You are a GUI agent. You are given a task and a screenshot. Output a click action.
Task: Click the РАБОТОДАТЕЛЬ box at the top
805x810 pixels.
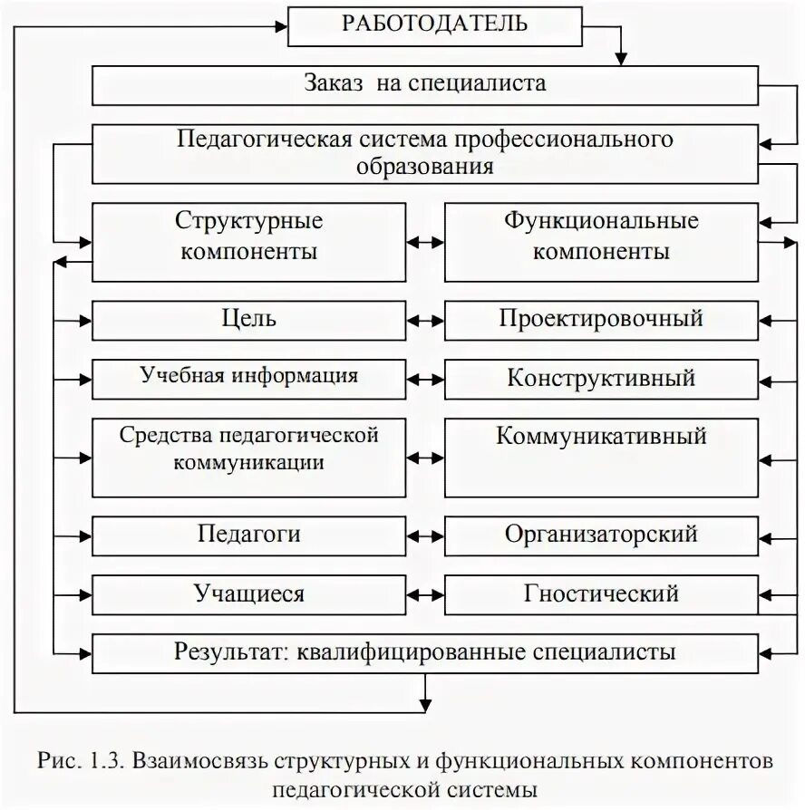[434, 25]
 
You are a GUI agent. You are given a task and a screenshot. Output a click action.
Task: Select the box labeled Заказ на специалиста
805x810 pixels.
[424, 86]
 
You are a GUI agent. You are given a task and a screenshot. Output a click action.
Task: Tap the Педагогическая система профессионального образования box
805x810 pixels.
[424, 154]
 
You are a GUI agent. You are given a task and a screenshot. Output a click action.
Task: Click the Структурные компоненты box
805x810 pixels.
[248, 241]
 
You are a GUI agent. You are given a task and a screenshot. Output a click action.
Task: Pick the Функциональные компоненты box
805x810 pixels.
[600, 241]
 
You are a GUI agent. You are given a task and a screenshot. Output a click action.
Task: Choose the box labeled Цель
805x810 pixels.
[248, 320]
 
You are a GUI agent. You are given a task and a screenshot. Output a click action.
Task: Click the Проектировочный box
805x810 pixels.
[600, 320]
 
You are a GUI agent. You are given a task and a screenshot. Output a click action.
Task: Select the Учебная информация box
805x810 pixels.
[248, 378]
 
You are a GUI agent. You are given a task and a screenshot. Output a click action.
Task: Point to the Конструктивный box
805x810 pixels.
[600, 378]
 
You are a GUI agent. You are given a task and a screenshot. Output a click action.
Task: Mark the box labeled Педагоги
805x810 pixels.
[248, 535]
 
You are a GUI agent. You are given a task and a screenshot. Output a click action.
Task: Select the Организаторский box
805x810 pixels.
[600, 535]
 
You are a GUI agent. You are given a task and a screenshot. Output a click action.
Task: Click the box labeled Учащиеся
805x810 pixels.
[248, 594]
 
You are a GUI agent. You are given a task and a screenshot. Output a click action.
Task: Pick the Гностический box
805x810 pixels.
[600, 594]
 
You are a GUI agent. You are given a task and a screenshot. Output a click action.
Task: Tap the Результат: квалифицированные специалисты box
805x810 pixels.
[424, 652]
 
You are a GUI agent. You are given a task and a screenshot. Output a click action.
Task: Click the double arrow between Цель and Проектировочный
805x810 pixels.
[424, 320]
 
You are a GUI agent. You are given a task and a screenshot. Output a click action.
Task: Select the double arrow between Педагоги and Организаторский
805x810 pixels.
[424, 535]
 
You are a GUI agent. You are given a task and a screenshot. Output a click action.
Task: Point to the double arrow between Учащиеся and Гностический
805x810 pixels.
[424, 594]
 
